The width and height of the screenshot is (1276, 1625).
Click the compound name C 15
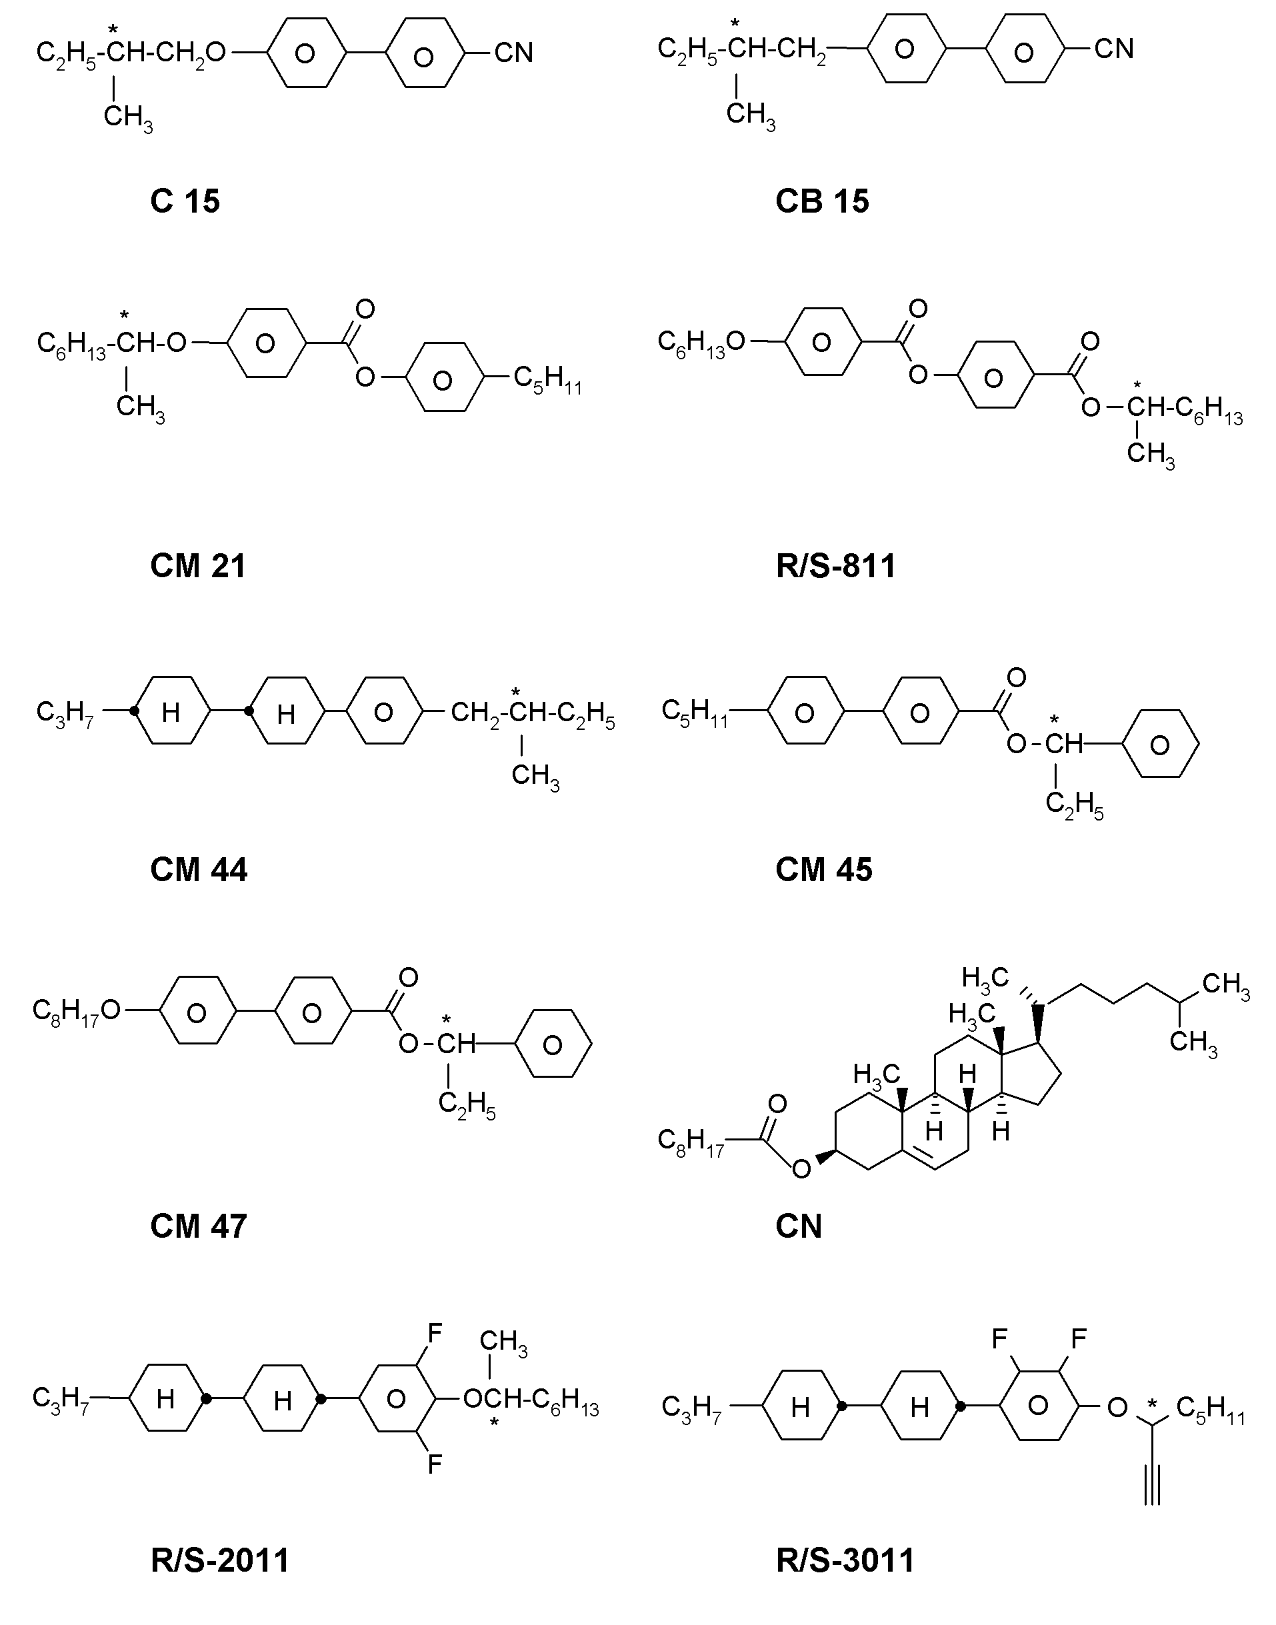coord(185,202)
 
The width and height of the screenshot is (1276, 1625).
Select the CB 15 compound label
coord(823,202)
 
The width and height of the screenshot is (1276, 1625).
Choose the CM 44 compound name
coord(199,870)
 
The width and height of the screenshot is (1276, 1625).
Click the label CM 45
coord(824,870)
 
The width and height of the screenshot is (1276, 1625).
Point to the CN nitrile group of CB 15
coord(1114,49)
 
